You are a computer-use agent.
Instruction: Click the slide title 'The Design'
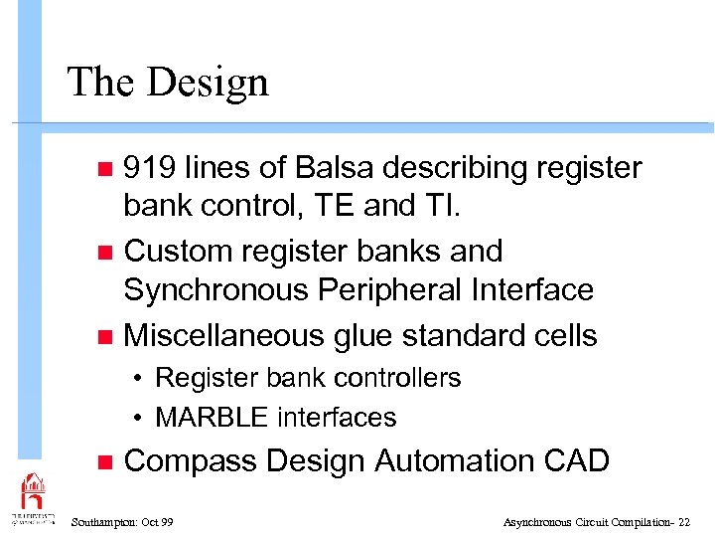pyautogui.click(x=167, y=82)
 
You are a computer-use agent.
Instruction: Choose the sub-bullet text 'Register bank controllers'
pyautogui.click(x=308, y=378)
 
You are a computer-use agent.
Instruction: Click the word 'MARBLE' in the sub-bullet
pyautogui.click(x=213, y=418)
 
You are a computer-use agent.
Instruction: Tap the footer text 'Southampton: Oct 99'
pyautogui.click(x=123, y=521)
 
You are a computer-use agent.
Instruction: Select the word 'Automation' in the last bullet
pyautogui.click(x=454, y=461)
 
